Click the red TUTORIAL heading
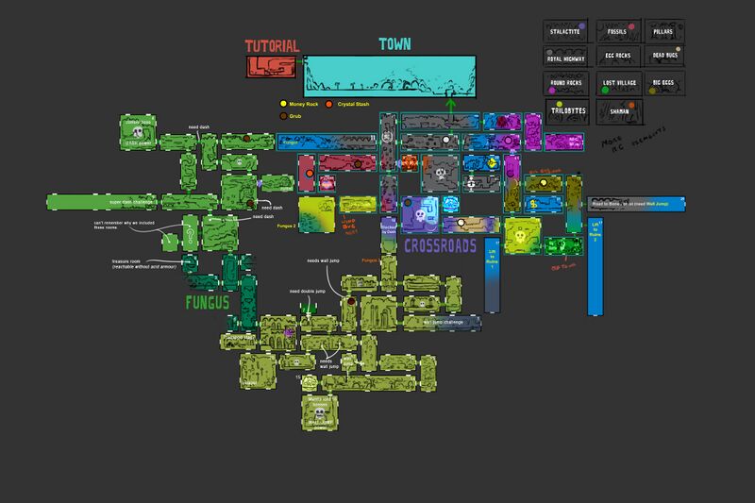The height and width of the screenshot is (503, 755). point(272,45)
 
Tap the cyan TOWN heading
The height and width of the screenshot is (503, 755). point(394,44)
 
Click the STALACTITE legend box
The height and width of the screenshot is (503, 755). point(568,32)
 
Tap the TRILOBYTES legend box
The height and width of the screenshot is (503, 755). point(568,110)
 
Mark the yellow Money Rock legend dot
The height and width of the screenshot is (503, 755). point(280,103)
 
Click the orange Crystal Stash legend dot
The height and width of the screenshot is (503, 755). point(329,103)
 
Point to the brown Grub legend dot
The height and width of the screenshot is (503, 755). point(280,115)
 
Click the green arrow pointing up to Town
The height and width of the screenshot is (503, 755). point(450,105)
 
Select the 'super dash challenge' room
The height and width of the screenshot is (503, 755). point(104,201)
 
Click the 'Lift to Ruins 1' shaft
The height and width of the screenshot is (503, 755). point(491,274)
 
